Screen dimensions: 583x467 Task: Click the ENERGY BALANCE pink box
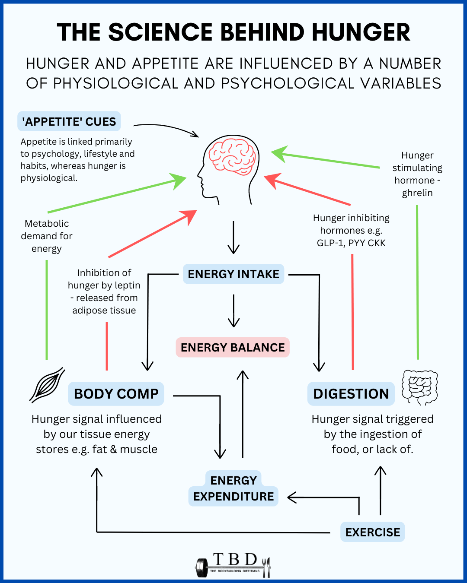click(x=233, y=347)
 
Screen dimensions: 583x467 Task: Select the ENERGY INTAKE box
click(x=233, y=274)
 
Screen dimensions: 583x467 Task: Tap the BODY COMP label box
click(x=116, y=393)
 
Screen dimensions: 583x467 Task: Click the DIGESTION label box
click(x=351, y=393)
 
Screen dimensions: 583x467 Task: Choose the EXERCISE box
click(x=372, y=532)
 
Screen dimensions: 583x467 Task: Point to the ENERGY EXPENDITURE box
click(x=233, y=489)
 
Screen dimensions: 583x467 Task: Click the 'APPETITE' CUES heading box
click(x=69, y=121)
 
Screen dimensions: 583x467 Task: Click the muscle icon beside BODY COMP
click(x=48, y=384)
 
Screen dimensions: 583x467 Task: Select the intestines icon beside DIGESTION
click(x=419, y=387)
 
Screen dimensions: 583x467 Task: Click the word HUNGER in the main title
click(x=361, y=32)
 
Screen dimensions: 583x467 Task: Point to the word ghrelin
click(x=417, y=193)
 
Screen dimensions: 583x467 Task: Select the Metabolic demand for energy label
click(x=47, y=236)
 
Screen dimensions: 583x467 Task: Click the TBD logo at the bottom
click(x=233, y=565)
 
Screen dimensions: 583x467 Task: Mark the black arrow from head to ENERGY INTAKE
click(x=233, y=238)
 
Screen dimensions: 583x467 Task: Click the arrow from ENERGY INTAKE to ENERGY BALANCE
click(x=233, y=311)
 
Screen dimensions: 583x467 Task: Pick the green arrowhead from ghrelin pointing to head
click(x=279, y=154)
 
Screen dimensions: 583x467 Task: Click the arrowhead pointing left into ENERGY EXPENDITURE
click(x=292, y=497)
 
